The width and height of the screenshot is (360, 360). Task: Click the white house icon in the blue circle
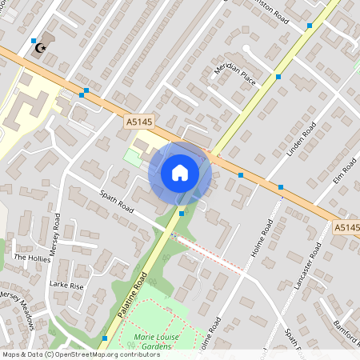tap(180, 172)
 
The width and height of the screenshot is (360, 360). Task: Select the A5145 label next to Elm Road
tap(346, 228)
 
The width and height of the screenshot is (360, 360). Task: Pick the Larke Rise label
tap(66, 285)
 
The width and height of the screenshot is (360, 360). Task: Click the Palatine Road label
tap(134, 294)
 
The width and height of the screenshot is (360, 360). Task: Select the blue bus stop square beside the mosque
tap(33, 40)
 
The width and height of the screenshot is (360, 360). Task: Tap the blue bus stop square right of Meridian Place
tap(278, 77)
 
